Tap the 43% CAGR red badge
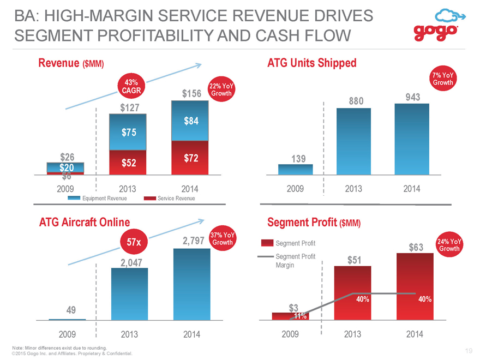(131, 86)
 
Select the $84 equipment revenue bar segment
(190, 121)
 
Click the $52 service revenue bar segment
(128, 163)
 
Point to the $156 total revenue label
(191, 94)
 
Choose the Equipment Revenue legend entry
(97, 199)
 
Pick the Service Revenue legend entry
(169, 199)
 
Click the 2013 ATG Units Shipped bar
(353, 141)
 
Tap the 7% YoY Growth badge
(443, 79)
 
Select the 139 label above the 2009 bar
(298, 159)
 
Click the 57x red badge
(134, 242)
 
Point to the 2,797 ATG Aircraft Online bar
(192, 284)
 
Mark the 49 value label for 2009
(71, 310)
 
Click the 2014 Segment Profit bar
(415, 286)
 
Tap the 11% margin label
(301, 316)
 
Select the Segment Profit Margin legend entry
(286, 261)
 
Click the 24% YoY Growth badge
(449, 245)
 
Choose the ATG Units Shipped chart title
(312, 63)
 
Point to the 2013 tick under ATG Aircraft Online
(129, 334)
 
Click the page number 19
(469, 351)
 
